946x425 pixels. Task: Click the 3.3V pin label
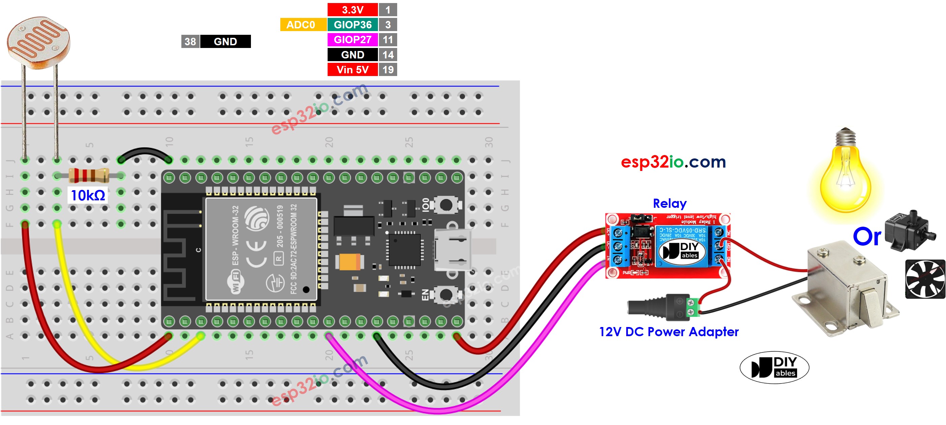pyautogui.click(x=352, y=9)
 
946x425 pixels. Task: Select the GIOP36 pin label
pyautogui.click(x=352, y=25)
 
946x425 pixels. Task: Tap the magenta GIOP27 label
pyautogui.click(x=352, y=40)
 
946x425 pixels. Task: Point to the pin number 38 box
pyautogui.click(x=190, y=42)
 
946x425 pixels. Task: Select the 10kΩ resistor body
pyautogui.click(x=88, y=175)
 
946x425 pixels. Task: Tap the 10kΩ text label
pyautogui.click(x=88, y=195)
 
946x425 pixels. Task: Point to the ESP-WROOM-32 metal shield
pyautogui.click(x=261, y=249)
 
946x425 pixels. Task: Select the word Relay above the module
pyautogui.click(x=669, y=203)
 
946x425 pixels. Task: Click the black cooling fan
pyautogui.click(x=925, y=279)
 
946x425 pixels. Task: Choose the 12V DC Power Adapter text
pyautogui.click(x=668, y=332)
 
